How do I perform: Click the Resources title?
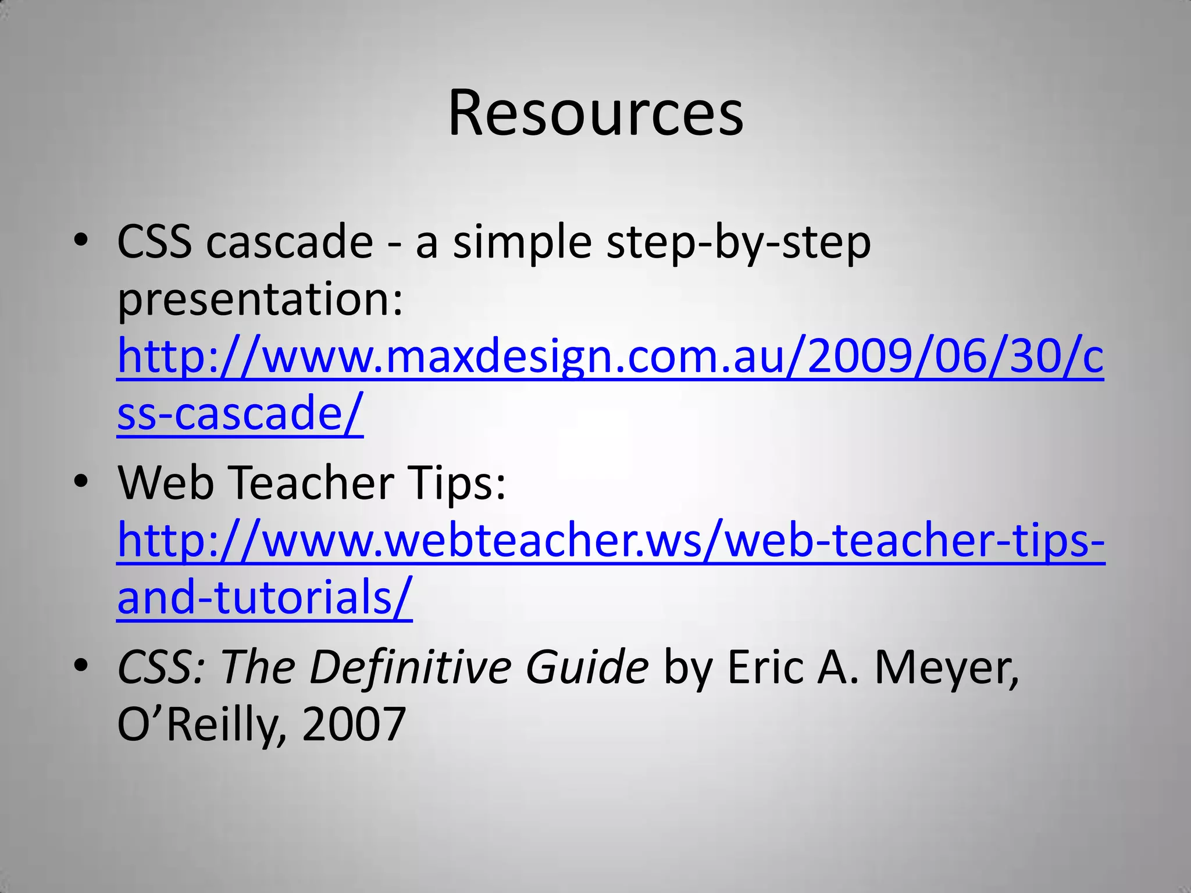[595, 113]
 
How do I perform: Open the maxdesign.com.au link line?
[609, 357]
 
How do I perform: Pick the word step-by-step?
[738, 243]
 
